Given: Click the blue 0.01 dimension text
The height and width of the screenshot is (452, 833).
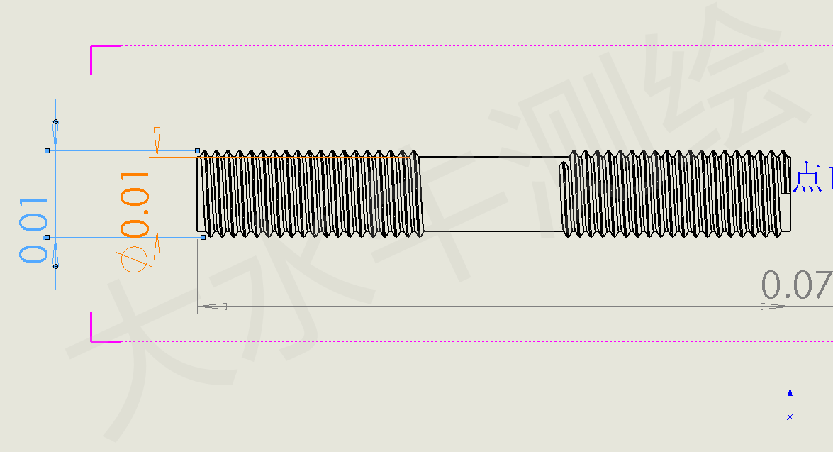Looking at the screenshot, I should [x=33, y=230].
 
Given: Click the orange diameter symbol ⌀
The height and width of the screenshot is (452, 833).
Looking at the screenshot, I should [x=135, y=258].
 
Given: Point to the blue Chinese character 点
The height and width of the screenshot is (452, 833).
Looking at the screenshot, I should [x=807, y=178].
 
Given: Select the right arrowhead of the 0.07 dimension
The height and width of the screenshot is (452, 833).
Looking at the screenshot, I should [x=775, y=307].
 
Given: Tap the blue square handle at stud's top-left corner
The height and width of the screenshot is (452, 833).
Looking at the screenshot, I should [x=198, y=150].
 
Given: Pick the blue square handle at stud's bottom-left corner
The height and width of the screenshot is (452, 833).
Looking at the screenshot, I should [x=203, y=237].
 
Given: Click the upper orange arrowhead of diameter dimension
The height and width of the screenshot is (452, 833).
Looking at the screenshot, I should [x=157, y=140].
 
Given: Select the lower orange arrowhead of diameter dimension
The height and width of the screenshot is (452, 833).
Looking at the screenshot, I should [x=157, y=248].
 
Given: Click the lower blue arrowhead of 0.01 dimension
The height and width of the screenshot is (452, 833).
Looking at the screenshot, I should [x=55, y=254].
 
